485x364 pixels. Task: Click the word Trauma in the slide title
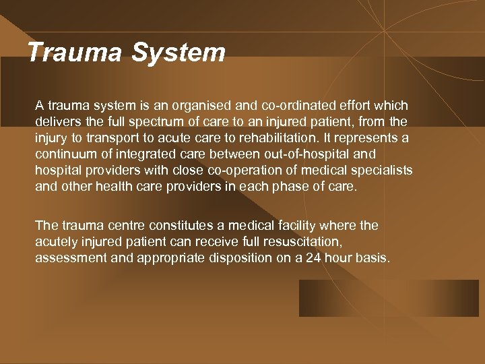pos(74,53)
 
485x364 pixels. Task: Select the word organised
pos(211,106)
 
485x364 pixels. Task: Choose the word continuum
pos(65,154)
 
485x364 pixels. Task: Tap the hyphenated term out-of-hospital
pos(307,154)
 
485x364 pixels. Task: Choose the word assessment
pos(67,258)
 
